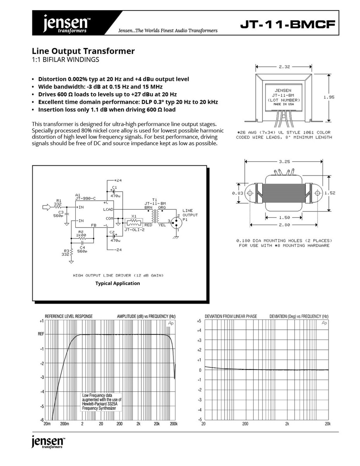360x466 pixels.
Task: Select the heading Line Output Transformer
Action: [x=83, y=51]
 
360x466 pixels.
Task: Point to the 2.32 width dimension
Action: [x=284, y=67]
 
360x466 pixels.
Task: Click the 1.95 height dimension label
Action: [x=329, y=97]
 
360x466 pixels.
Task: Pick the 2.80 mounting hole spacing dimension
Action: [x=284, y=225]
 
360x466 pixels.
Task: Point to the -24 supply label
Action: [x=118, y=250]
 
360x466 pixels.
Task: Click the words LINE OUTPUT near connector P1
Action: [x=190, y=213]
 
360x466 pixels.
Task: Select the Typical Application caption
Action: [x=118, y=283]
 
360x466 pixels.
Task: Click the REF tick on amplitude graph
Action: [x=41, y=334]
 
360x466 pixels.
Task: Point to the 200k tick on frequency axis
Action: [x=174, y=424]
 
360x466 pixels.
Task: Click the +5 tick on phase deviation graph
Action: [x=198, y=322]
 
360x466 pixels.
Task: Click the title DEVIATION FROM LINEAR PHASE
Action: [x=231, y=316]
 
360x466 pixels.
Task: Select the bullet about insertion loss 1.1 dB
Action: [x=106, y=110]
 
